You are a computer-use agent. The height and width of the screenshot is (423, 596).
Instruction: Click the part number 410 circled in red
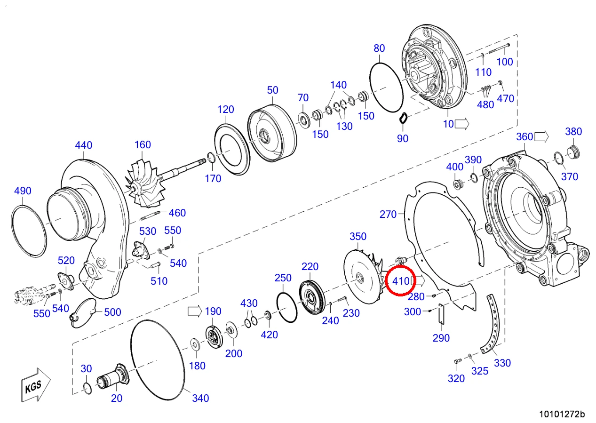click(x=401, y=281)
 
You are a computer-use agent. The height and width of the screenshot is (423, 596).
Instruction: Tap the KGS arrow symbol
click(x=35, y=385)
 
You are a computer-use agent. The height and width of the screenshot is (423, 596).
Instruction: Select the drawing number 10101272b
click(x=562, y=414)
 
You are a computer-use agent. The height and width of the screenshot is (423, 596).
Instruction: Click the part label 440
click(x=84, y=145)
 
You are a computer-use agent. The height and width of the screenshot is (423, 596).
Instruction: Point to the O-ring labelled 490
click(x=29, y=231)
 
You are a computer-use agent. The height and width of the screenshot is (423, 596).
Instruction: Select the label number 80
click(x=379, y=48)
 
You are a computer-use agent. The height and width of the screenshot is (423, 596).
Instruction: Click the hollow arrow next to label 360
click(x=541, y=136)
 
